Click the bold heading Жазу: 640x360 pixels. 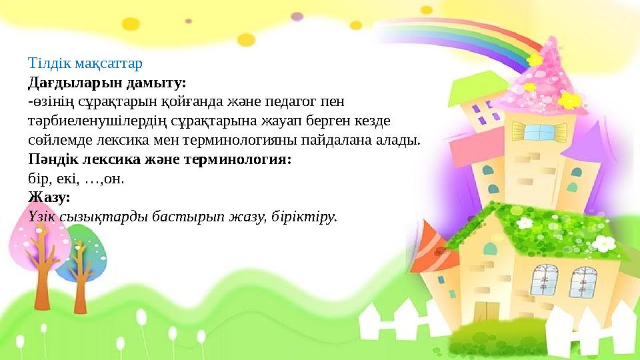[49, 198]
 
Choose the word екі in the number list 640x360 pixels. [67, 179]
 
